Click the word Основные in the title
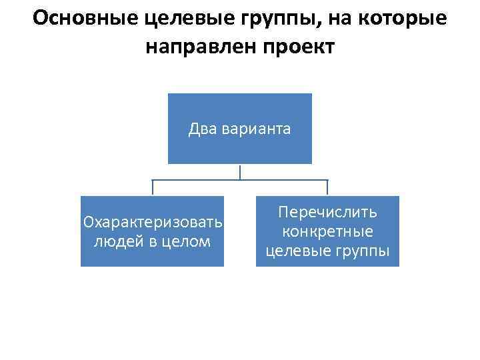pyautogui.click(x=85, y=19)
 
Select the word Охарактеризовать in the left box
pyautogui.click(x=153, y=221)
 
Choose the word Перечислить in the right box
pyautogui.click(x=328, y=213)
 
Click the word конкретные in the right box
pyautogui.click(x=328, y=232)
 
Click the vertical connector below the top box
pyautogui.click(x=240, y=171)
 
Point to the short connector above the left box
pyautogui.click(x=153, y=188)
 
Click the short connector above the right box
pyautogui.click(x=327, y=188)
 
